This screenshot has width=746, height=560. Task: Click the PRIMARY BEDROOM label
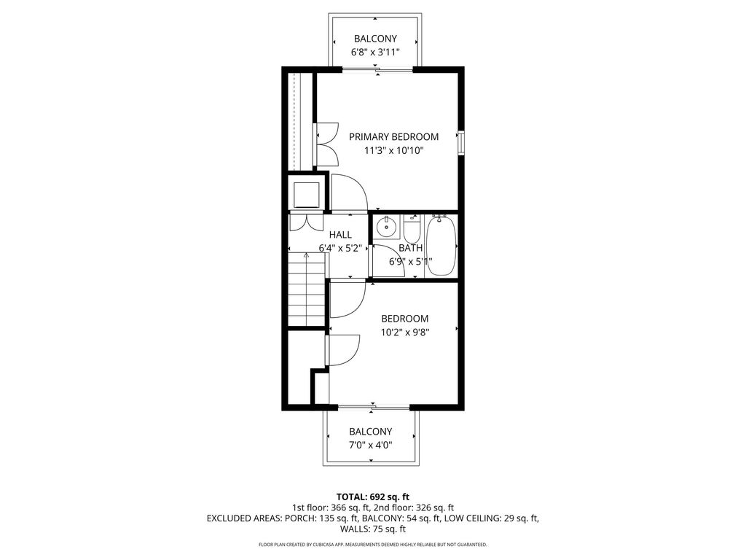pos(393,137)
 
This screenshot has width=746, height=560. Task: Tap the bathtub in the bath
pos(441,246)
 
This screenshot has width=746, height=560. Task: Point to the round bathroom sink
pos(386,227)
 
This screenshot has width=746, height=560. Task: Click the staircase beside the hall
pos(307,289)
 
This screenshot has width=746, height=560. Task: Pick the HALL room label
pos(340,235)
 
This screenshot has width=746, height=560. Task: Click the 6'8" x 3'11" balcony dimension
pos(375,52)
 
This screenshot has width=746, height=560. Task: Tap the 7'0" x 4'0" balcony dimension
pos(371,446)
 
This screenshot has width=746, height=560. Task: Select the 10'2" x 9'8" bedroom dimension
pos(405,332)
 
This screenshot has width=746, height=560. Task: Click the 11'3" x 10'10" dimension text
pos(393,151)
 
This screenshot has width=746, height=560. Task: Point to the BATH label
pos(410,248)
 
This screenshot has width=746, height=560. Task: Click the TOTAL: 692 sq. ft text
pos(372,497)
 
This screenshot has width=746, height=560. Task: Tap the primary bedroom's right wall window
pos(461,142)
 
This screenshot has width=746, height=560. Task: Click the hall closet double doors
pos(305,223)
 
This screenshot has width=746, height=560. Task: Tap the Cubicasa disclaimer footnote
pos(372,544)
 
